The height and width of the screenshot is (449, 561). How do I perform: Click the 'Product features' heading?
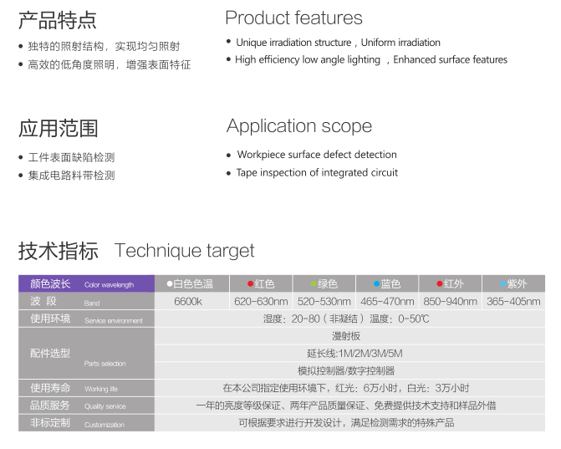293,18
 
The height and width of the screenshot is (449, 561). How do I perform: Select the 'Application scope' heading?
299,126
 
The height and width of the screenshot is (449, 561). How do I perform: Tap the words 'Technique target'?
184,251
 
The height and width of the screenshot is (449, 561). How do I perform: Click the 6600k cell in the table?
188,302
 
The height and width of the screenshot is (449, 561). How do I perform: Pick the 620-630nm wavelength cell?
261,302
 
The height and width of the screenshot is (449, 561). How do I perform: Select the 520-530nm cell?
324,302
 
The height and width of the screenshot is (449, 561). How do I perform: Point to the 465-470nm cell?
387,302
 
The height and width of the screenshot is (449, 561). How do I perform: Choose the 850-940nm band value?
450,302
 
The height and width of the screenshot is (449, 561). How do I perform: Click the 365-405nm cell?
513,302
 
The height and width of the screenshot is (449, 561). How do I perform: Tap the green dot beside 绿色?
314,284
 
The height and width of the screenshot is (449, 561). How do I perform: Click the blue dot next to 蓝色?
376,283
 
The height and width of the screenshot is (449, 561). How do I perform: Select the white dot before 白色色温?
170,283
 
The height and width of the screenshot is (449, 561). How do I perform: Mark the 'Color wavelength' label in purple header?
110,285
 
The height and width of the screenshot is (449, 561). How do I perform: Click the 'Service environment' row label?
114,320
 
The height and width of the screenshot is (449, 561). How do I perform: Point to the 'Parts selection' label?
105,364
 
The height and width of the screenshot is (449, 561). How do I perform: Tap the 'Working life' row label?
101,389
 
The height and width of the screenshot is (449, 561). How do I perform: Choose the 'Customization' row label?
105,425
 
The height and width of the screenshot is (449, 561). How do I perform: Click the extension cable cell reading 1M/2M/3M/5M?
354,354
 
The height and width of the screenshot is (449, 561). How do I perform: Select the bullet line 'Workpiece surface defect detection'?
317,155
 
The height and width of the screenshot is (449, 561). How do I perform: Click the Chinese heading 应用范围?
58,129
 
